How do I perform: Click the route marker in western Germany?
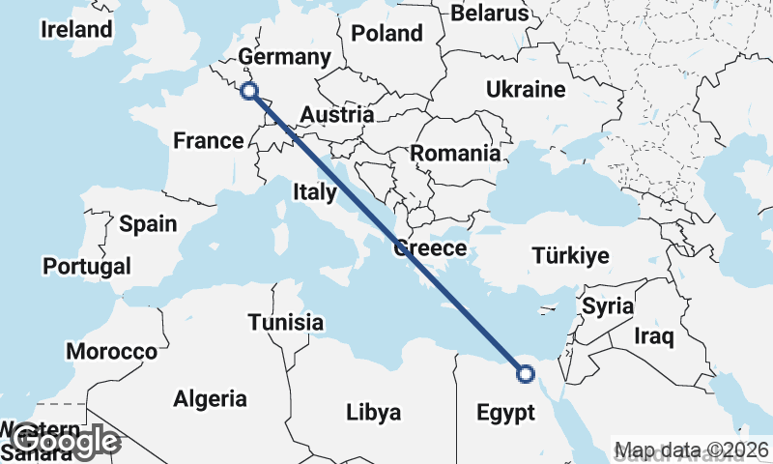[249, 91]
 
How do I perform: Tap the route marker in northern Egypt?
[526, 374]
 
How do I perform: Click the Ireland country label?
[76, 30]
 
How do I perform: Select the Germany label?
[285, 57]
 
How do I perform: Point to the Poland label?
[386, 34]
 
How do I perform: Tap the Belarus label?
[491, 14]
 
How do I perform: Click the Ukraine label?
[525, 90]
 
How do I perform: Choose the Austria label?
[336, 115]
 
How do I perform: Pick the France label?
[209, 141]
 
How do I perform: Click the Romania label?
[455, 153]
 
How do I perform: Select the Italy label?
[314, 192]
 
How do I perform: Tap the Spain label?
[148, 224]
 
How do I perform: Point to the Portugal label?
[87, 265]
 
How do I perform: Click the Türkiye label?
[570, 256]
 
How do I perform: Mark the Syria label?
[608, 306]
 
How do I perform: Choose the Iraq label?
[653, 336]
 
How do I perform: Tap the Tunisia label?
[285, 323]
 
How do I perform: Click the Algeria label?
[210, 398]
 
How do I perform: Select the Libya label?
[373, 414]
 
